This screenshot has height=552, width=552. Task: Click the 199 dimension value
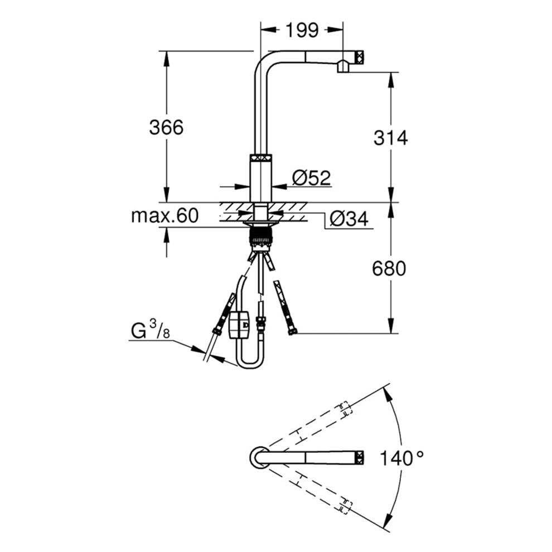[x=302, y=30]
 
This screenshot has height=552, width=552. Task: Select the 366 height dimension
[x=166, y=127]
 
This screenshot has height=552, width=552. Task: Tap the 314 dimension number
[x=390, y=137]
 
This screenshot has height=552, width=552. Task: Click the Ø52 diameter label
[x=311, y=178]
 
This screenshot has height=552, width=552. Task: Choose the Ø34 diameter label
[x=348, y=219]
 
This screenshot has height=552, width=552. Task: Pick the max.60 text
[x=164, y=216]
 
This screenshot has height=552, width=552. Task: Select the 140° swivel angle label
[x=401, y=458]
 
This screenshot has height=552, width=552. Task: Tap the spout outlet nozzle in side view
[x=343, y=67]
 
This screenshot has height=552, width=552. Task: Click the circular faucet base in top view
[x=258, y=457]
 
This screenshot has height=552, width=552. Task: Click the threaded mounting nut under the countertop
[x=260, y=235]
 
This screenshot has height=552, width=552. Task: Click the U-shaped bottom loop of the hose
[x=249, y=362]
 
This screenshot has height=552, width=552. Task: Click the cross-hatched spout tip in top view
[x=360, y=457]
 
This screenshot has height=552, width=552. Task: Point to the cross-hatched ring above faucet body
[x=260, y=157]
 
